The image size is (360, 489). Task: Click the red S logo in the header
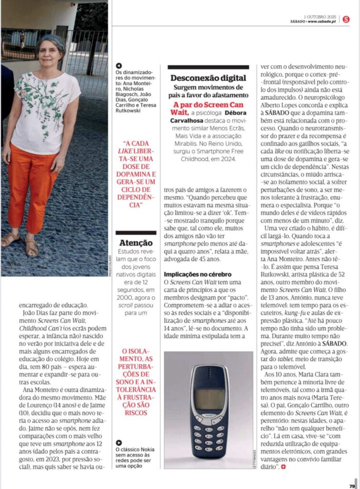point(346,19)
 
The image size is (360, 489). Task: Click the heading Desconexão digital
point(209,78)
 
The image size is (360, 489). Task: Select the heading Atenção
point(136,243)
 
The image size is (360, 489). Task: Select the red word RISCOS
point(136,412)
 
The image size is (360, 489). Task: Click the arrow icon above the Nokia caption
point(119,443)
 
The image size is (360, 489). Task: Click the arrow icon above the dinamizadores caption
point(119,66)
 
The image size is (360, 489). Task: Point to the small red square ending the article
point(284,466)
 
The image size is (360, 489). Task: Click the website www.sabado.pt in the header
point(323,21)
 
